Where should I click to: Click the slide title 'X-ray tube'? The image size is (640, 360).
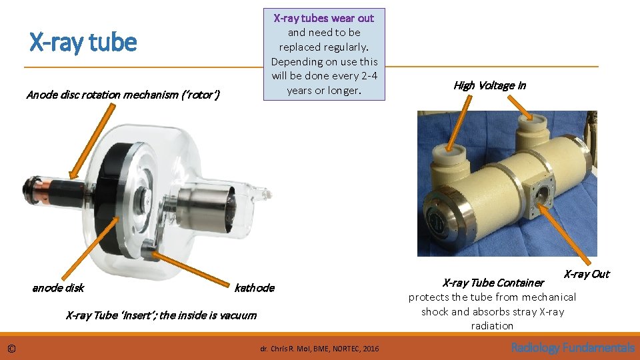click(x=83, y=43)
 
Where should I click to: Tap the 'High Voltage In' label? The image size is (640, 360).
click(x=489, y=85)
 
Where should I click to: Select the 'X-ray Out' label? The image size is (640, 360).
click(x=587, y=274)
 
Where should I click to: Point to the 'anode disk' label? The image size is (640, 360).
click(x=58, y=288)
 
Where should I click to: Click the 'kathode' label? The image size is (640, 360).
click(x=254, y=288)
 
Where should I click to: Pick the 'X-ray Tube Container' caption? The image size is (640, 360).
click(x=493, y=283)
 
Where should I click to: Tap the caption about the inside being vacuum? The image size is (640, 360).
click(x=161, y=315)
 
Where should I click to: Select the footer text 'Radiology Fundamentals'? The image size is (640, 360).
click(x=573, y=347)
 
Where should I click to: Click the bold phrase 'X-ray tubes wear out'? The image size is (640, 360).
click(x=324, y=18)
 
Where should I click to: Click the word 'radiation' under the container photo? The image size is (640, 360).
click(x=492, y=326)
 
